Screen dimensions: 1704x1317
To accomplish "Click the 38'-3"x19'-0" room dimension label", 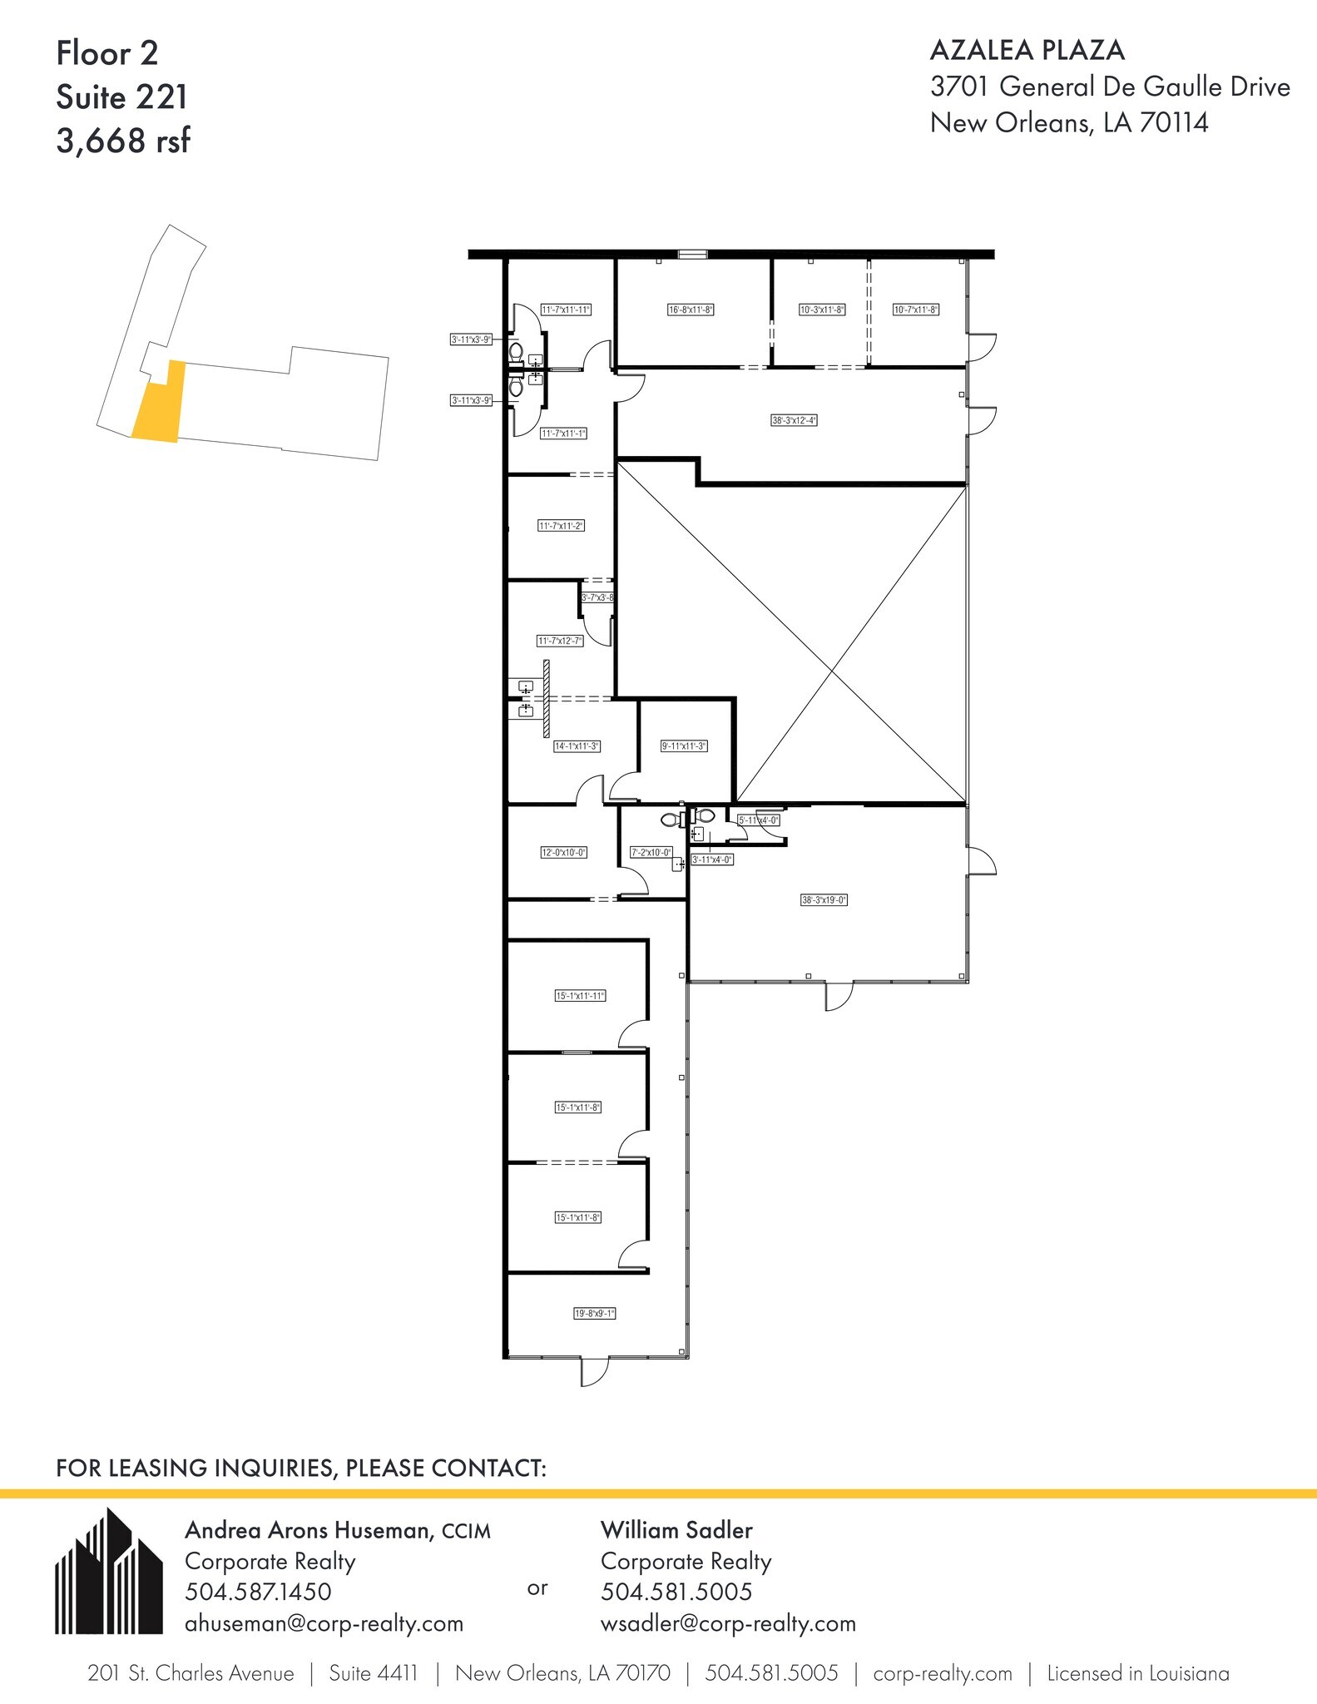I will point(824,899).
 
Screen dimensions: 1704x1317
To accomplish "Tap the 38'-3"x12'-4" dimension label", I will point(794,420).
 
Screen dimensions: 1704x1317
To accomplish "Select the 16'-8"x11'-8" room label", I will point(691,310).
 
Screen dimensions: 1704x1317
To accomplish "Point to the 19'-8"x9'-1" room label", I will point(595,1314).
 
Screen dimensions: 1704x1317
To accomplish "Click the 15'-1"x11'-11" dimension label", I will point(580,995).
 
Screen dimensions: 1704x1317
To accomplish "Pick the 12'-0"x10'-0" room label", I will point(564,852).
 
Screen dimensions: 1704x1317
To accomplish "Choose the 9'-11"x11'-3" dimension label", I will point(684,746).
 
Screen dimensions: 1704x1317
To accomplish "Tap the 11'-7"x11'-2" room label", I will point(561,526).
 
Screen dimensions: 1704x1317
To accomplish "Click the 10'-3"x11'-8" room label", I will point(822,310).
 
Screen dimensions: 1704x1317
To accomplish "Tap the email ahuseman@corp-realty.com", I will point(324,1623).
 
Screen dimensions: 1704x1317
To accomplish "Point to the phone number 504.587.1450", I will point(258,1592).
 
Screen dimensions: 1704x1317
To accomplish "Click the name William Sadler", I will point(676,1529).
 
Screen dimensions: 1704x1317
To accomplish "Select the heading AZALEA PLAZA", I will point(1027,51).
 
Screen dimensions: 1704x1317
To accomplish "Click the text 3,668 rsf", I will point(123,141).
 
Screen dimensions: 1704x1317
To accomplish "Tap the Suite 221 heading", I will point(121,97).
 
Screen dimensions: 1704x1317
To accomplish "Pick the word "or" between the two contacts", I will point(537,1588).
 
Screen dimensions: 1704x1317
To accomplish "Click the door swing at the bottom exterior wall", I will point(593,1373).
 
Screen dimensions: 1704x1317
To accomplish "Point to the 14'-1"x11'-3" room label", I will point(577,746).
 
